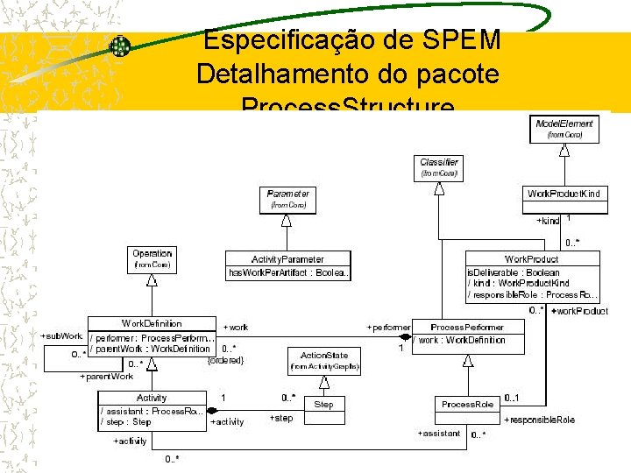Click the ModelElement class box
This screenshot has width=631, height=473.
(564, 129)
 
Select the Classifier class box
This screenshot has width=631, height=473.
(439, 167)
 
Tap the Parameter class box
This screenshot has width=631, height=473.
(287, 199)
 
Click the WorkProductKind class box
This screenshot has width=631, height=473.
(564, 194)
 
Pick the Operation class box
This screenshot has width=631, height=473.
(152, 258)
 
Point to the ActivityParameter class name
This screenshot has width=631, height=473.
(287, 259)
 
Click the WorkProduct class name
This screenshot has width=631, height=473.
(531, 259)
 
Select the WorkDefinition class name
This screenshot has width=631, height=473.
(152, 323)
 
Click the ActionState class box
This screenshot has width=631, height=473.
(324, 361)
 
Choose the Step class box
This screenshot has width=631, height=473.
(323, 405)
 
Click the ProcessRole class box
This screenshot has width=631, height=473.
(467, 405)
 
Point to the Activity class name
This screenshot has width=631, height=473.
(152, 398)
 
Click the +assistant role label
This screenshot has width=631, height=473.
(438, 434)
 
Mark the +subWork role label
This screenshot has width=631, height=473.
(61, 335)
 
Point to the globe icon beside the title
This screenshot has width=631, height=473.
(119, 46)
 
